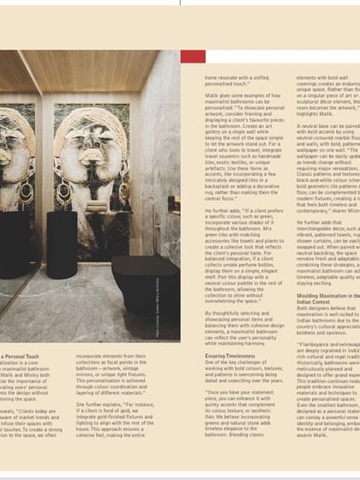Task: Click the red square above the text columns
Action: (x=193, y=57)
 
